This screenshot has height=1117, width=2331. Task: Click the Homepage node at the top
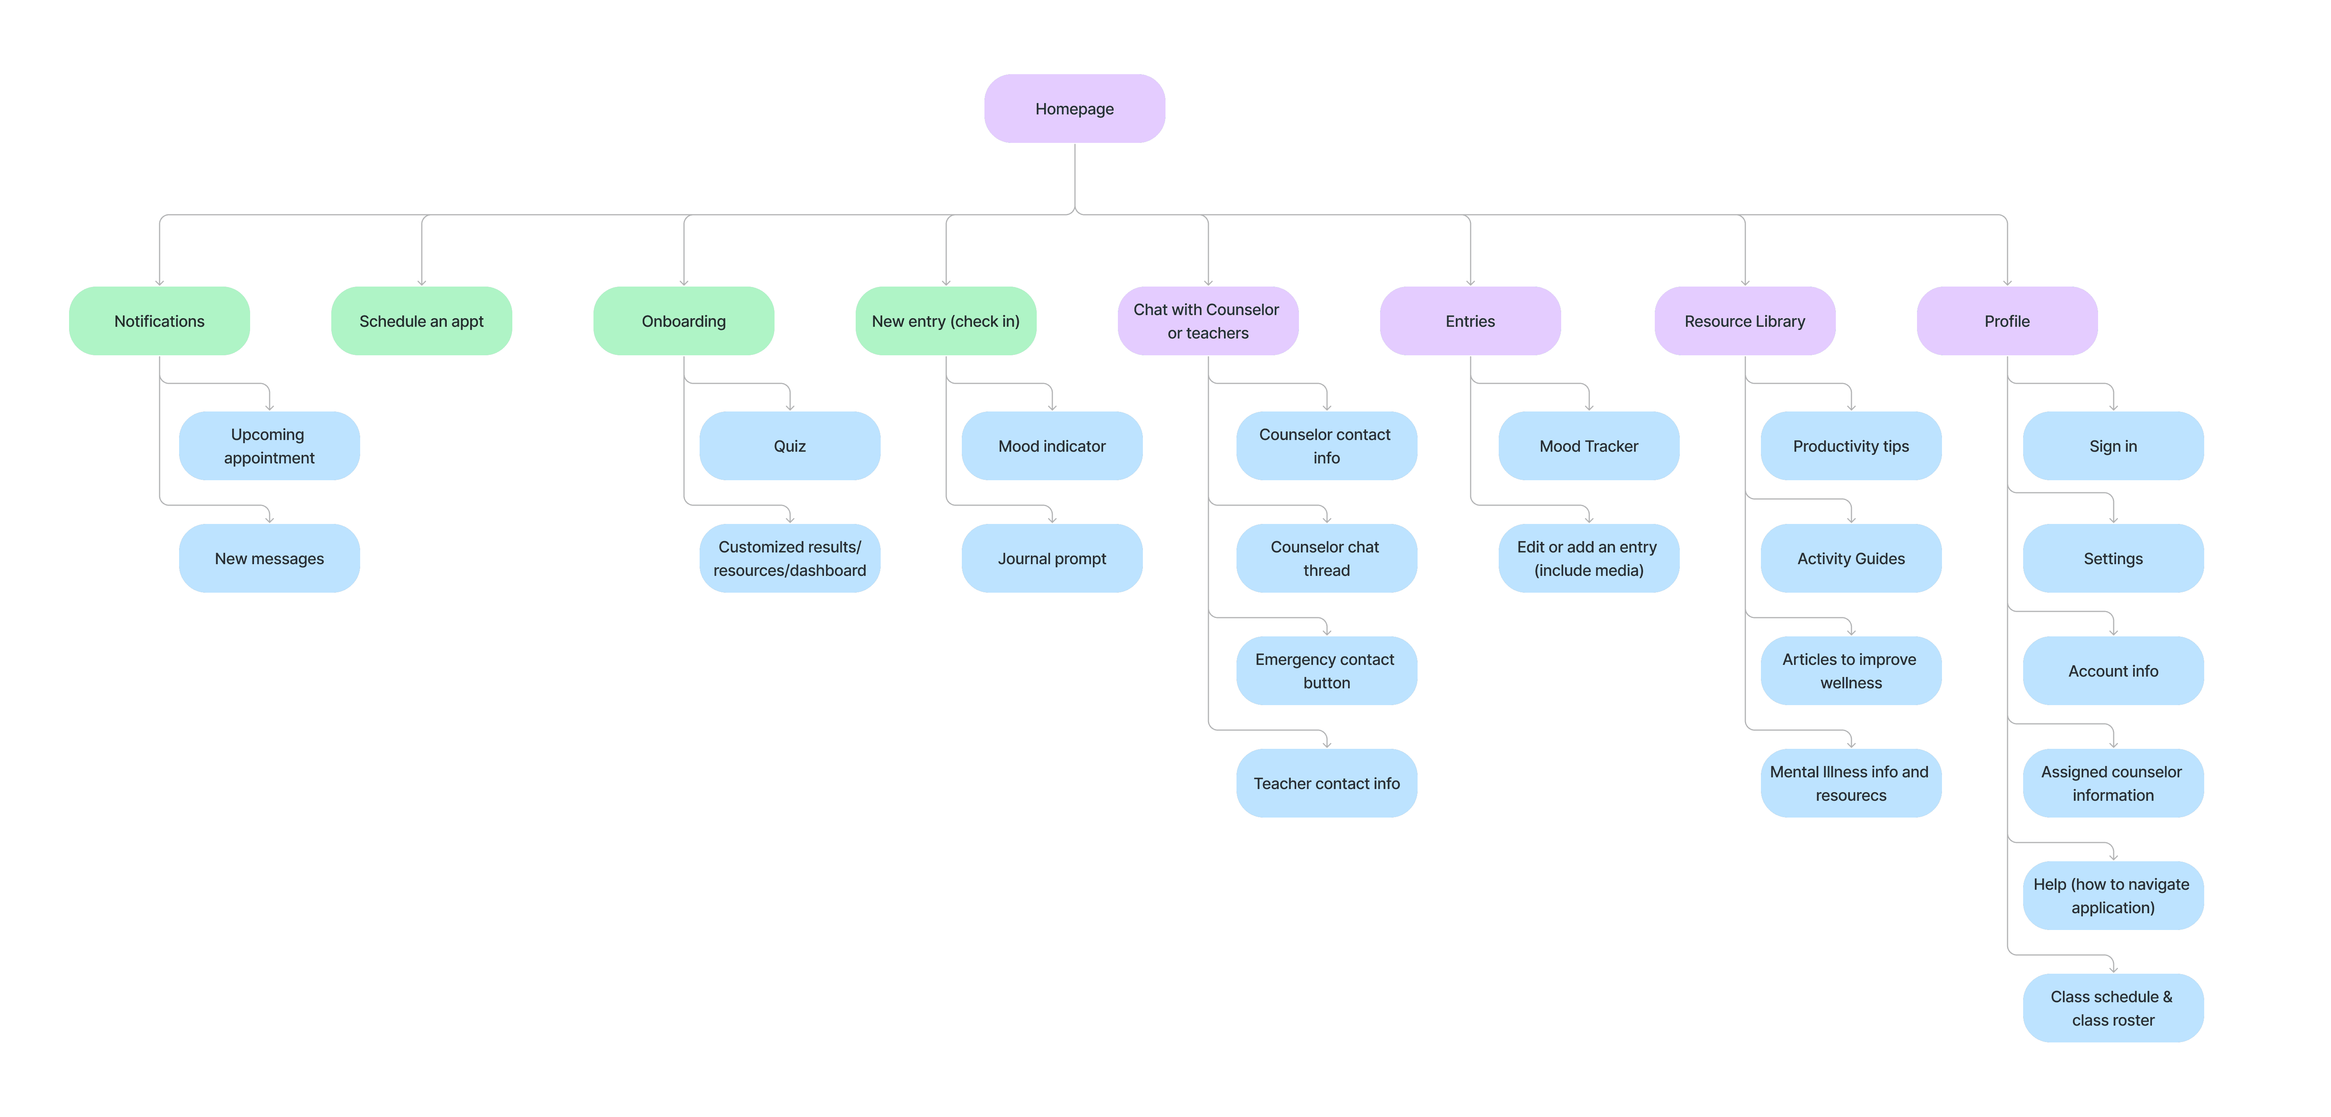click(1074, 109)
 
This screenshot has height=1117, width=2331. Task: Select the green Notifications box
click(159, 321)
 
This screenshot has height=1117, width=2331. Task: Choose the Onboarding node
click(683, 321)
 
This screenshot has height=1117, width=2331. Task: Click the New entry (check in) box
click(945, 321)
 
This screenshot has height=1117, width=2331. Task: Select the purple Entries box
click(1469, 321)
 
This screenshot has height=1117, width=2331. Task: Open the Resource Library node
click(1745, 321)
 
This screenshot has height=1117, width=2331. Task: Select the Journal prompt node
click(1052, 558)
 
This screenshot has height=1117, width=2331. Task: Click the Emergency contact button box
click(1325, 671)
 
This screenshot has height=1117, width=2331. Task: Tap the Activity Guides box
click(1851, 558)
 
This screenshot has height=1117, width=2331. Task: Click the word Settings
click(2113, 558)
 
